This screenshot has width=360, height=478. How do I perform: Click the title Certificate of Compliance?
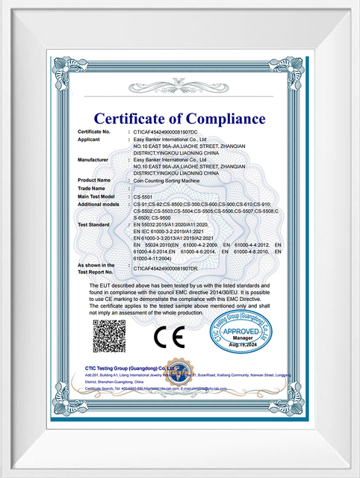coord(179,118)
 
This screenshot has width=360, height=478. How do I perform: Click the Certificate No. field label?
coord(94,131)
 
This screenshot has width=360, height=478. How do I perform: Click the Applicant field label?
coord(90,139)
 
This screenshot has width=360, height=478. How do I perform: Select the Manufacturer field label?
coord(93,159)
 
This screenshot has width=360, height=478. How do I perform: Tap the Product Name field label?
coord(94,180)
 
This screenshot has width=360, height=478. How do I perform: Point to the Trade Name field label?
coord(92,188)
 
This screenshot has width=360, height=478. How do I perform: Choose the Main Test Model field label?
coord(96,196)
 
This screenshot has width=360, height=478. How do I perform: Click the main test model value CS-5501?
coord(142,196)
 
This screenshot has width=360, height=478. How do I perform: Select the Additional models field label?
coord(99,204)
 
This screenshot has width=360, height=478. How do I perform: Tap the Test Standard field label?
coord(94,224)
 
